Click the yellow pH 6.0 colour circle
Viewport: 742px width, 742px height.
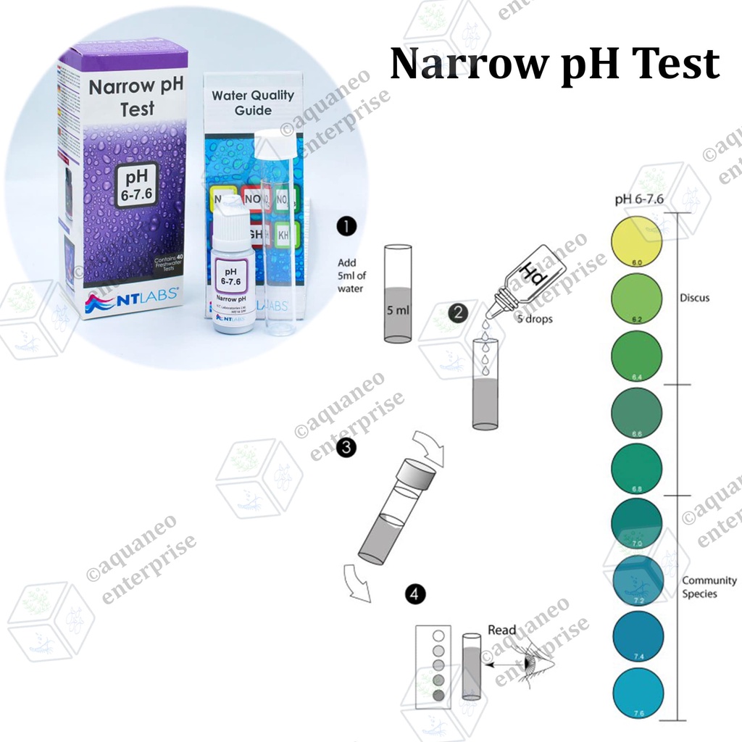(638, 242)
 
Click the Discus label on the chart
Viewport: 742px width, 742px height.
(695, 298)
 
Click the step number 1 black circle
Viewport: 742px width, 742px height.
(347, 228)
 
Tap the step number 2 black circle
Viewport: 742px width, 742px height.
(457, 313)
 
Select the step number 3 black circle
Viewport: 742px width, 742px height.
(347, 448)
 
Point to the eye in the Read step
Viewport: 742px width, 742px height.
(532, 660)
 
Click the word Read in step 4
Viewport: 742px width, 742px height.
(502, 630)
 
